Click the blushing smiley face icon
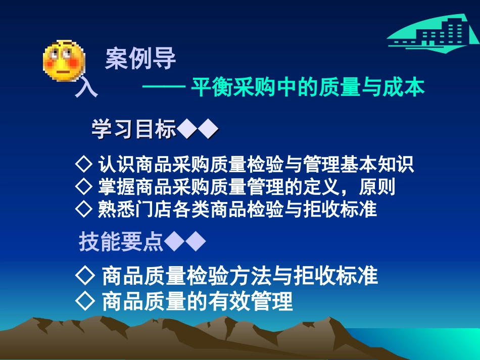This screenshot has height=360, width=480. click(61, 60)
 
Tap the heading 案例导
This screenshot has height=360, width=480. click(140, 59)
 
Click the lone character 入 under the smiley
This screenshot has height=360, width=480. click(85, 89)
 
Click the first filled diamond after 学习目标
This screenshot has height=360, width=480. click(187, 130)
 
